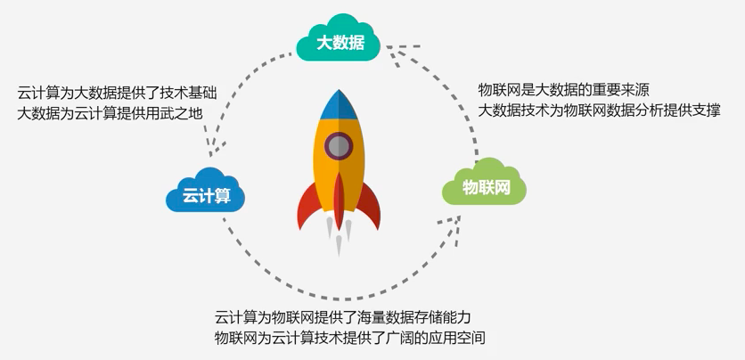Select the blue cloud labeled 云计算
click(x=206, y=191)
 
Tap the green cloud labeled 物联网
click(x=484, y=183)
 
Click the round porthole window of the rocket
click(x=339, y=146)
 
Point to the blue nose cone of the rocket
click(x=339, y=105)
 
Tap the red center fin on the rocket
click(x=339, y=200)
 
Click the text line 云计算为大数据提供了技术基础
click(x=117, y=93)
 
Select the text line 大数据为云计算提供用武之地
click(x=110, y=114)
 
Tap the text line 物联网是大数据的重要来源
click(x=563, y=89)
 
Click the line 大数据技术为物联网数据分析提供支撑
click(x=600, y=110)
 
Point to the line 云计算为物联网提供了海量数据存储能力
click(x=342, y=316)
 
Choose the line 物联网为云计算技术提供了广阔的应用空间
click(x=350, y=338)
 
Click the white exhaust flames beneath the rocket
click(x=339, y=236)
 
